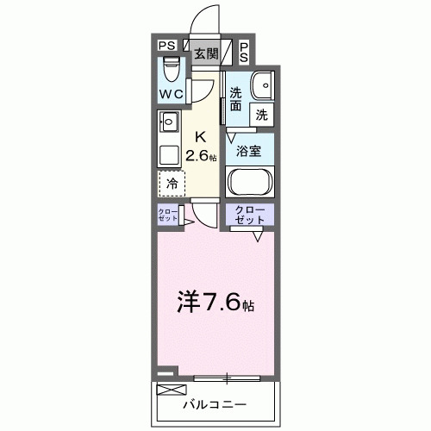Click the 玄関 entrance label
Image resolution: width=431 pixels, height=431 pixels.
(205, 53)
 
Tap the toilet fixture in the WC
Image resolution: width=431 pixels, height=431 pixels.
(170, 66)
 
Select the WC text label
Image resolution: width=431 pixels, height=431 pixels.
(169, 93)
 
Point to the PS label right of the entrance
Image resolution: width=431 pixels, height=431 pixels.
(245, 52)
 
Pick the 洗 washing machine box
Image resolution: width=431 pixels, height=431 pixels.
(260, 113)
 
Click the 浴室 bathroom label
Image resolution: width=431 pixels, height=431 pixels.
(250, 150)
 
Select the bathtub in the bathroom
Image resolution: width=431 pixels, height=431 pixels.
(250, 183)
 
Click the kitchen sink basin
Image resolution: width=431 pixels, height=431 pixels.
(168, 121)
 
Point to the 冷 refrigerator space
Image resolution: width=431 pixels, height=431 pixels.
(172, 184)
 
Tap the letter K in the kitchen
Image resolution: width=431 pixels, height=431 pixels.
(200, 136)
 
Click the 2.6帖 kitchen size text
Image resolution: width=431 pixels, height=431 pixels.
(203, 156)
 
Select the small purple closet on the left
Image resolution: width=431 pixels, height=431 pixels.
(168, 216)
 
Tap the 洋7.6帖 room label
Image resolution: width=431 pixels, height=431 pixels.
(215, 303)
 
